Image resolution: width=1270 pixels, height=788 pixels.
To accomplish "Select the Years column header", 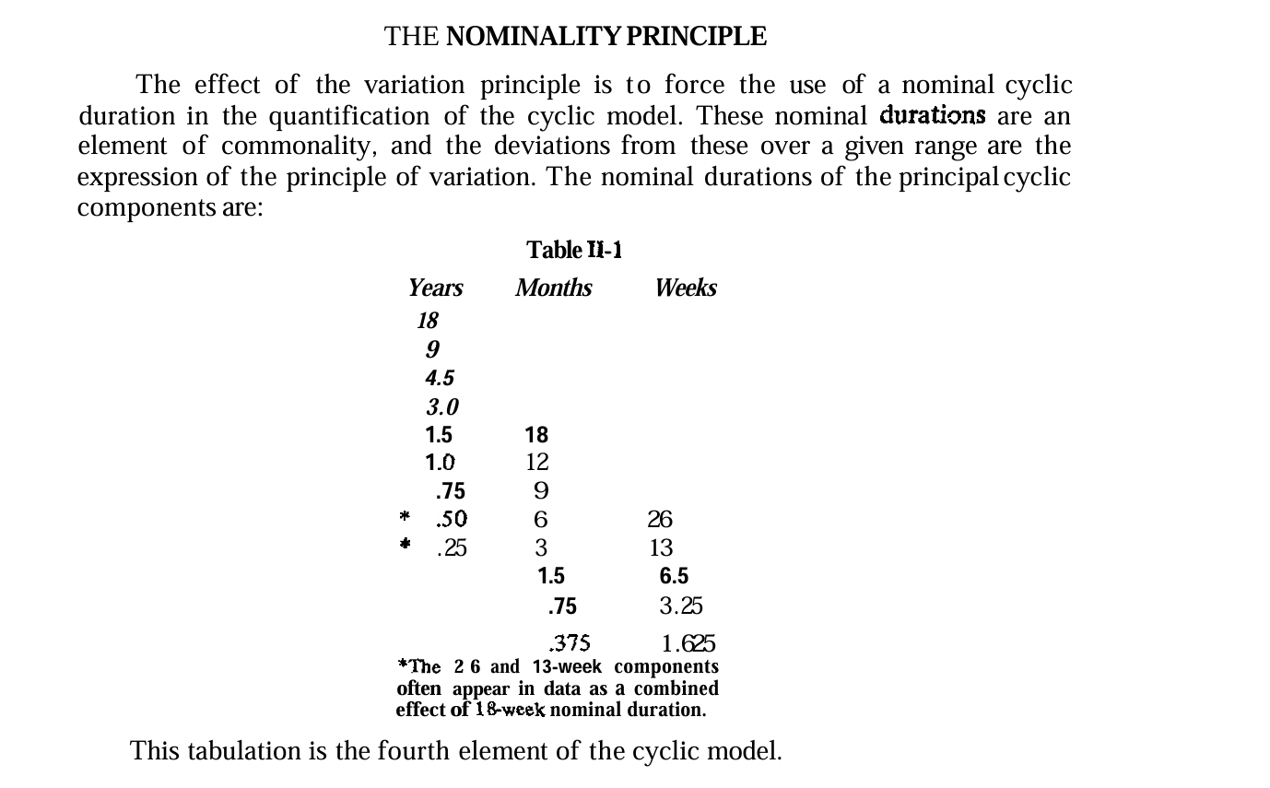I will [435, 288].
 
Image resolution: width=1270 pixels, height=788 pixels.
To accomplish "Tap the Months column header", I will [553, 288].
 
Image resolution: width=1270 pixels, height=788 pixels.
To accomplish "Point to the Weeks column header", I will [686, 288].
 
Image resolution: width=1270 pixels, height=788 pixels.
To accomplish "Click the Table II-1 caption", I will [574, 251].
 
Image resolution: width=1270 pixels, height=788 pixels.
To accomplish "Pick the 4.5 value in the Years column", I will [440, 378].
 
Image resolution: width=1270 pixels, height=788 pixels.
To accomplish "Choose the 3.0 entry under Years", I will [441, 406].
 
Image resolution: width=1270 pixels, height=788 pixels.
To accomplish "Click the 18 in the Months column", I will [536, 435].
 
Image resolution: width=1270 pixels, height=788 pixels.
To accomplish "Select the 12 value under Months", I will [536, 462].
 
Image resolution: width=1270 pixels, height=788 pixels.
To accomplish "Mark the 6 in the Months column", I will [541, 520].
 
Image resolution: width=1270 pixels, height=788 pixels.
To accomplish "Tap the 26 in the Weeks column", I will [660, 520].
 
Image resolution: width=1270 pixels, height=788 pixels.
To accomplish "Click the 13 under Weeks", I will [661, 548].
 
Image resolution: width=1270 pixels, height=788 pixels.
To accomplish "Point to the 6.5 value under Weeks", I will [674, 577].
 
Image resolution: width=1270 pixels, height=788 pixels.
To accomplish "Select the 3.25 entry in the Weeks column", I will [681, 606].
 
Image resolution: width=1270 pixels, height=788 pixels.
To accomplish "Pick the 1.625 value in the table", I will [688, 644].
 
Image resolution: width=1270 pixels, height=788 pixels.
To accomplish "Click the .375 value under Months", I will [569, 643].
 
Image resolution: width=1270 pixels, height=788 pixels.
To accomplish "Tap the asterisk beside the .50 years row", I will [404, 517].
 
